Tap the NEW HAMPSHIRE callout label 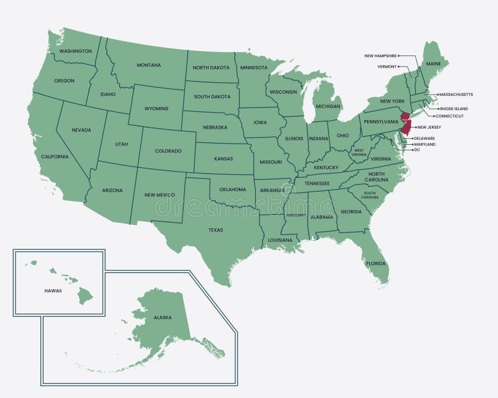click(x=380, y=56)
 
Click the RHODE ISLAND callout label click(x=454, y=109)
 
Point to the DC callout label click(x=417, y=150)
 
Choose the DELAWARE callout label click(x=425, y=138)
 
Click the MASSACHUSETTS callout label click(x=456, y=95)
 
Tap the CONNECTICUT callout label click(x=449, y=116)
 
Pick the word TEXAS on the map click(x=215, y=230)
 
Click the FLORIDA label click(x=375, y=264)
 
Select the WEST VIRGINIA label click(x=359, y=152)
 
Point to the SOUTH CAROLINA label click(x=369, y=195)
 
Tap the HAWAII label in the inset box click(x=53, y=290)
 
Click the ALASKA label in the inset click(x=162, y=318)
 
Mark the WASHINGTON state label click(x=76, y=51)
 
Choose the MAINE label click(x=433, y=63)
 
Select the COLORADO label click(x=168, y=150)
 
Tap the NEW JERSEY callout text click(x=429, y=127)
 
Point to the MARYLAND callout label click(x=425, y=144)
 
